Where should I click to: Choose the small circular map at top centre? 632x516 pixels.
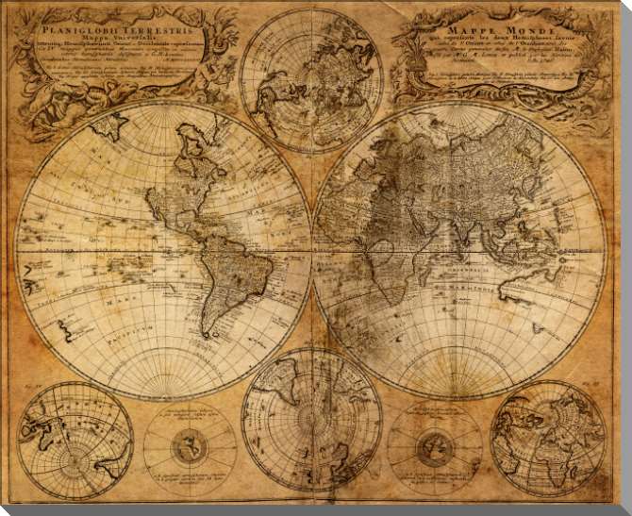tap(311, 79)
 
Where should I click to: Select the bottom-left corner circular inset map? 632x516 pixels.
tap(75, 440)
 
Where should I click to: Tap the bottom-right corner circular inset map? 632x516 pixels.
tap(548, 439)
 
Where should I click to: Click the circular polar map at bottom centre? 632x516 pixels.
tap(311, 419)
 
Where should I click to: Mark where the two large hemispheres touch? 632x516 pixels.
tap(312, 251)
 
